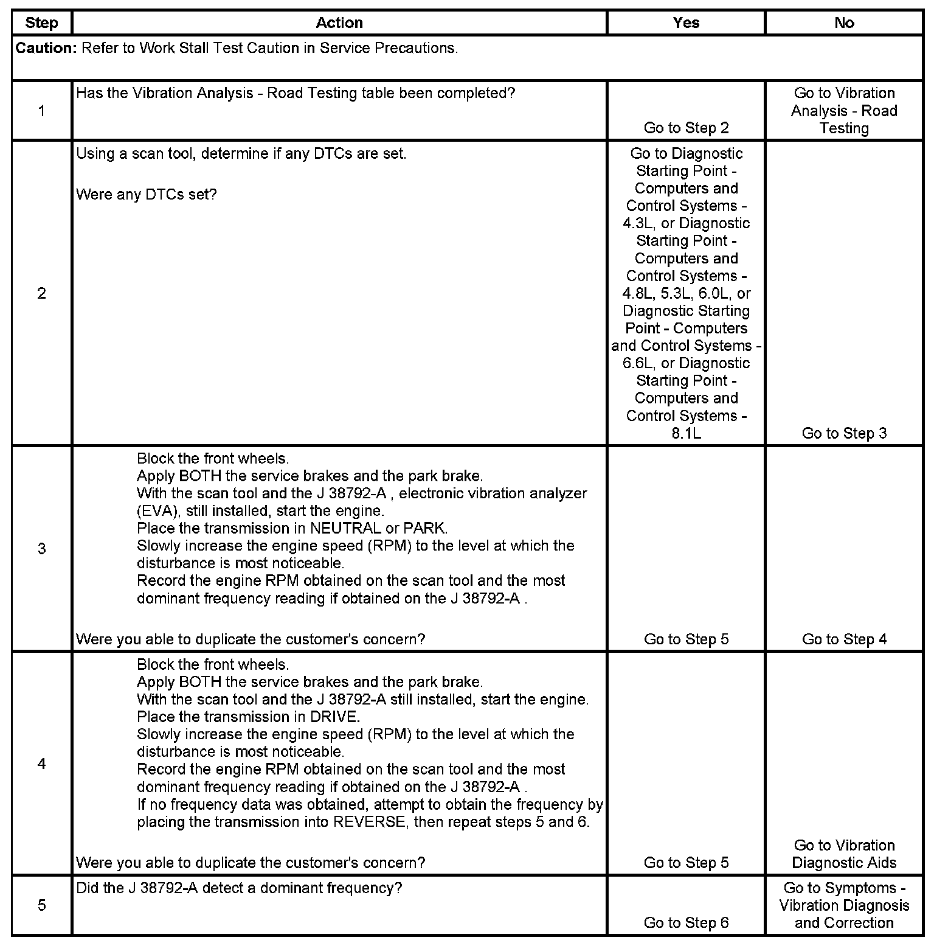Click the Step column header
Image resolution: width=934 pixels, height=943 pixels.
[41, 23]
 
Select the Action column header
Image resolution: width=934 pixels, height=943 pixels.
[339, 23]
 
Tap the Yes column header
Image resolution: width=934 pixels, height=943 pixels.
[686, 23]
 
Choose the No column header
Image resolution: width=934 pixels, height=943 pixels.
[844, 23]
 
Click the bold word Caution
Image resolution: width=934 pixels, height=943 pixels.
[45, 48]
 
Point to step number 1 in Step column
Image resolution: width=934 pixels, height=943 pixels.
[41, 111]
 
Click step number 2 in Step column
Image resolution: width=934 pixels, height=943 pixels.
[41, 293]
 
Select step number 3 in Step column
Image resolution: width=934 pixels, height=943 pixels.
[41, 549]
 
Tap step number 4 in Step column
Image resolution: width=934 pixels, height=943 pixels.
[41, 764]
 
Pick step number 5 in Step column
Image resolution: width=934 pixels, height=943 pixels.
[41, 905]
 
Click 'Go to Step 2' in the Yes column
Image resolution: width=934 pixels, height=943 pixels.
[686, 128]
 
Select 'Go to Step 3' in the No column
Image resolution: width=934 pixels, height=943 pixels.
[844, 433]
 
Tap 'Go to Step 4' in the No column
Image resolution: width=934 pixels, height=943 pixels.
[844, 639]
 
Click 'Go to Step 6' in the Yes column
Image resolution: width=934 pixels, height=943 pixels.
[686, 923]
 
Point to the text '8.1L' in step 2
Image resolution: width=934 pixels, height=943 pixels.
[686, 433]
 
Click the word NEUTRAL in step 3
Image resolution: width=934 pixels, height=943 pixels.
[345, 528]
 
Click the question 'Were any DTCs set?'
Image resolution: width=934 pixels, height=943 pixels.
[146, 195]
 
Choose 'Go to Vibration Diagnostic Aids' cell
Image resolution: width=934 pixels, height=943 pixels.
[844, 854]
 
